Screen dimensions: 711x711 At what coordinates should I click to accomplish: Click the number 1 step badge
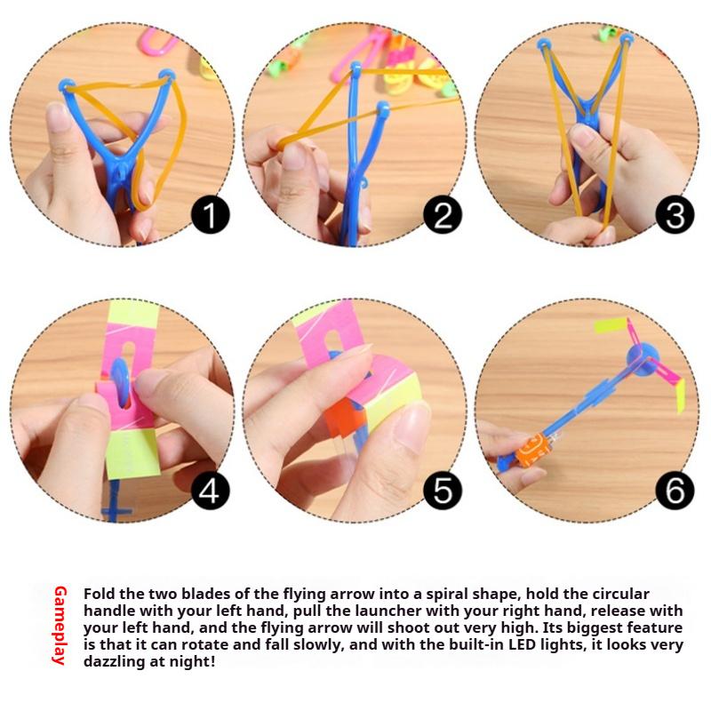point(211,215)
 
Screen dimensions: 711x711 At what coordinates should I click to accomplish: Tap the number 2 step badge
point(442,215)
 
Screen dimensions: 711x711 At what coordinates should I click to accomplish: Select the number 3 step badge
point(674,215)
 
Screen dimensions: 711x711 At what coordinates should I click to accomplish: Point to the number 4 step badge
point(211,491)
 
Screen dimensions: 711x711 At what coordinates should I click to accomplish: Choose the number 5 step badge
point(442,491)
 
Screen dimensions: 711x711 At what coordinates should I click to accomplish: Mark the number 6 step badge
point(674,491)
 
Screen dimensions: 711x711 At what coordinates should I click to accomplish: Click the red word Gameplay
point(60,626)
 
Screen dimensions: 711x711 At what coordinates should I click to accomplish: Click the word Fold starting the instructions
point(100,594)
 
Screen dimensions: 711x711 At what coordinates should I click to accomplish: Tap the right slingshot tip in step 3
point(627,41)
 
